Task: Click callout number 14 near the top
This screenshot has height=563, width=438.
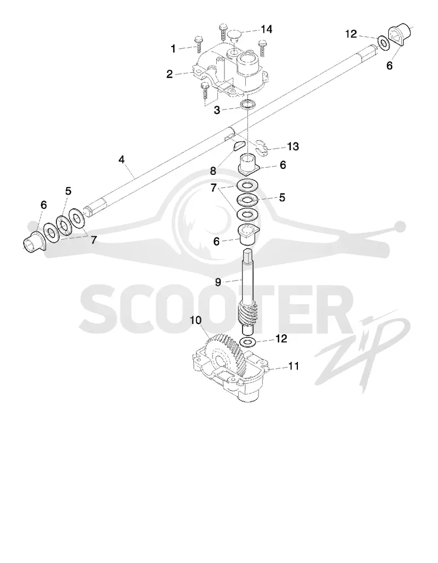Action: tap(266, 29)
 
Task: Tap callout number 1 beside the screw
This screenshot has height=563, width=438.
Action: tap(174, 48)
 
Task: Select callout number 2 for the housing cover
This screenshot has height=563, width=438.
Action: tap(169, 75)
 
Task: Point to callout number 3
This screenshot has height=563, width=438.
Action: tap(217, 110)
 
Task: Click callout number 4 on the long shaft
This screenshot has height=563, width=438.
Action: tap(122, 160)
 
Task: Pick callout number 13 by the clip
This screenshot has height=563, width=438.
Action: tap(293, 146)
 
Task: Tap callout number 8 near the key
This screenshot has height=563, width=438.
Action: tap(213, 171)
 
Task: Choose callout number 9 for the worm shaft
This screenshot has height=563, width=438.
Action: tap(218, 282)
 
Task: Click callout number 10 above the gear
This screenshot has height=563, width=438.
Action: tap(195, 320)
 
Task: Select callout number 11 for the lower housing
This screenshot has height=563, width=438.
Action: tap(293, 366)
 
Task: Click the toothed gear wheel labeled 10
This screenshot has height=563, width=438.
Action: tap(227, 355)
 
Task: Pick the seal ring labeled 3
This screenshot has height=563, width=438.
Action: tap(248, 105)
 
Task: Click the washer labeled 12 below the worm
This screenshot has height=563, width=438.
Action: tap(247, 342)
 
